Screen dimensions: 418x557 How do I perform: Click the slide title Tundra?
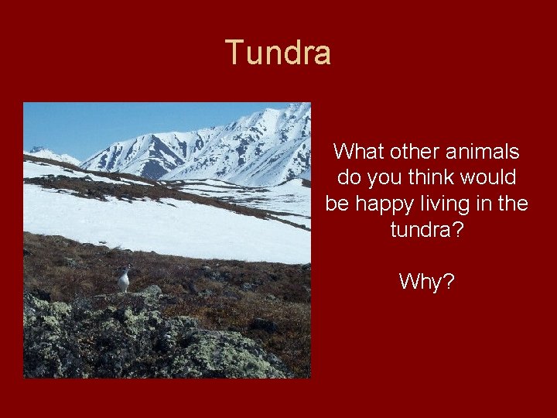[278, 53]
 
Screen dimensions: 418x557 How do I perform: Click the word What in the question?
[358, 152]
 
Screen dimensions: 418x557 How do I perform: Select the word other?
[416, 152]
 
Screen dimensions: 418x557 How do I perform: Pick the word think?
[436, 178]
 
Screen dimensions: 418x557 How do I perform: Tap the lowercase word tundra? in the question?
[427, 231]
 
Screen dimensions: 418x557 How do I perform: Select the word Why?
[427, 282]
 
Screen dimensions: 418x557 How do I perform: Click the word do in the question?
[349, 178]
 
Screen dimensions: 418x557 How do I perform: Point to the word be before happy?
[337, 204]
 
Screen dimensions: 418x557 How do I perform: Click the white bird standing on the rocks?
[124, 280]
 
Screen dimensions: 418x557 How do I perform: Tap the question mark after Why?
[449, 282]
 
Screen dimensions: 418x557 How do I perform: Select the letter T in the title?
[234, 53]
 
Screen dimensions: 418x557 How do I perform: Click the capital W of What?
[343, 152]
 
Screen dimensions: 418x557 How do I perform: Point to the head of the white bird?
[125, 269]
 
